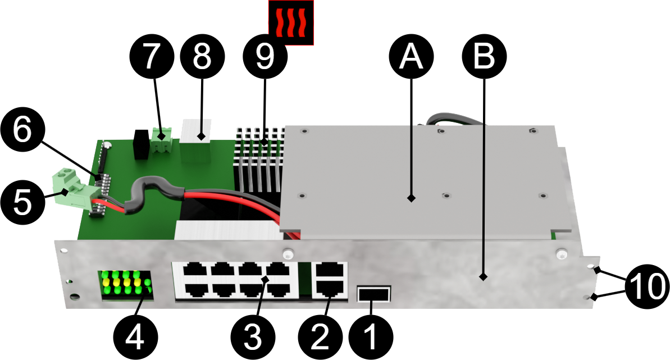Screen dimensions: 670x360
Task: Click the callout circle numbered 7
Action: click(x=152, y=56)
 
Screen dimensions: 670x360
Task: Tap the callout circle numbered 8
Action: click(x=202, y=56)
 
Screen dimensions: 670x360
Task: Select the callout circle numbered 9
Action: click(x=265, y=56)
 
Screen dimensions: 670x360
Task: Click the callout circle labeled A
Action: click(x=412, y=56)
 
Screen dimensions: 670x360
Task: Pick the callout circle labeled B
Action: click(x=484, y=56)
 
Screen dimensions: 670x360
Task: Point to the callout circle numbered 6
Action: click(x=22, y=130)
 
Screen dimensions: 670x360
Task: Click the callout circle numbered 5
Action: click(x=22, y=202)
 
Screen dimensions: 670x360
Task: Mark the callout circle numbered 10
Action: click(x=648, y=286)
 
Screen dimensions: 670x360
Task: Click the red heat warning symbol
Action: click(x=291, y=22)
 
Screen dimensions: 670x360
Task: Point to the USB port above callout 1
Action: click(x=374, y=294)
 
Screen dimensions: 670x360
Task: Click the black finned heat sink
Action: click(x=259, y=159)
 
